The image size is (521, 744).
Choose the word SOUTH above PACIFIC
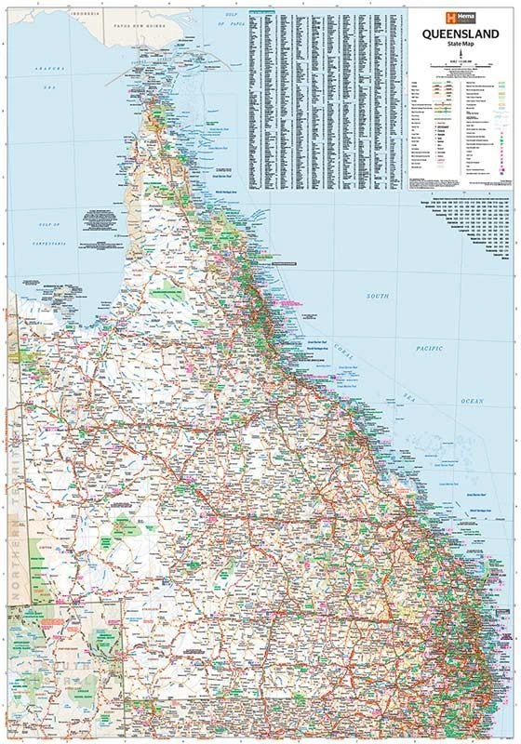pos(377,296)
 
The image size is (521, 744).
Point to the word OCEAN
pos(472,400)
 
